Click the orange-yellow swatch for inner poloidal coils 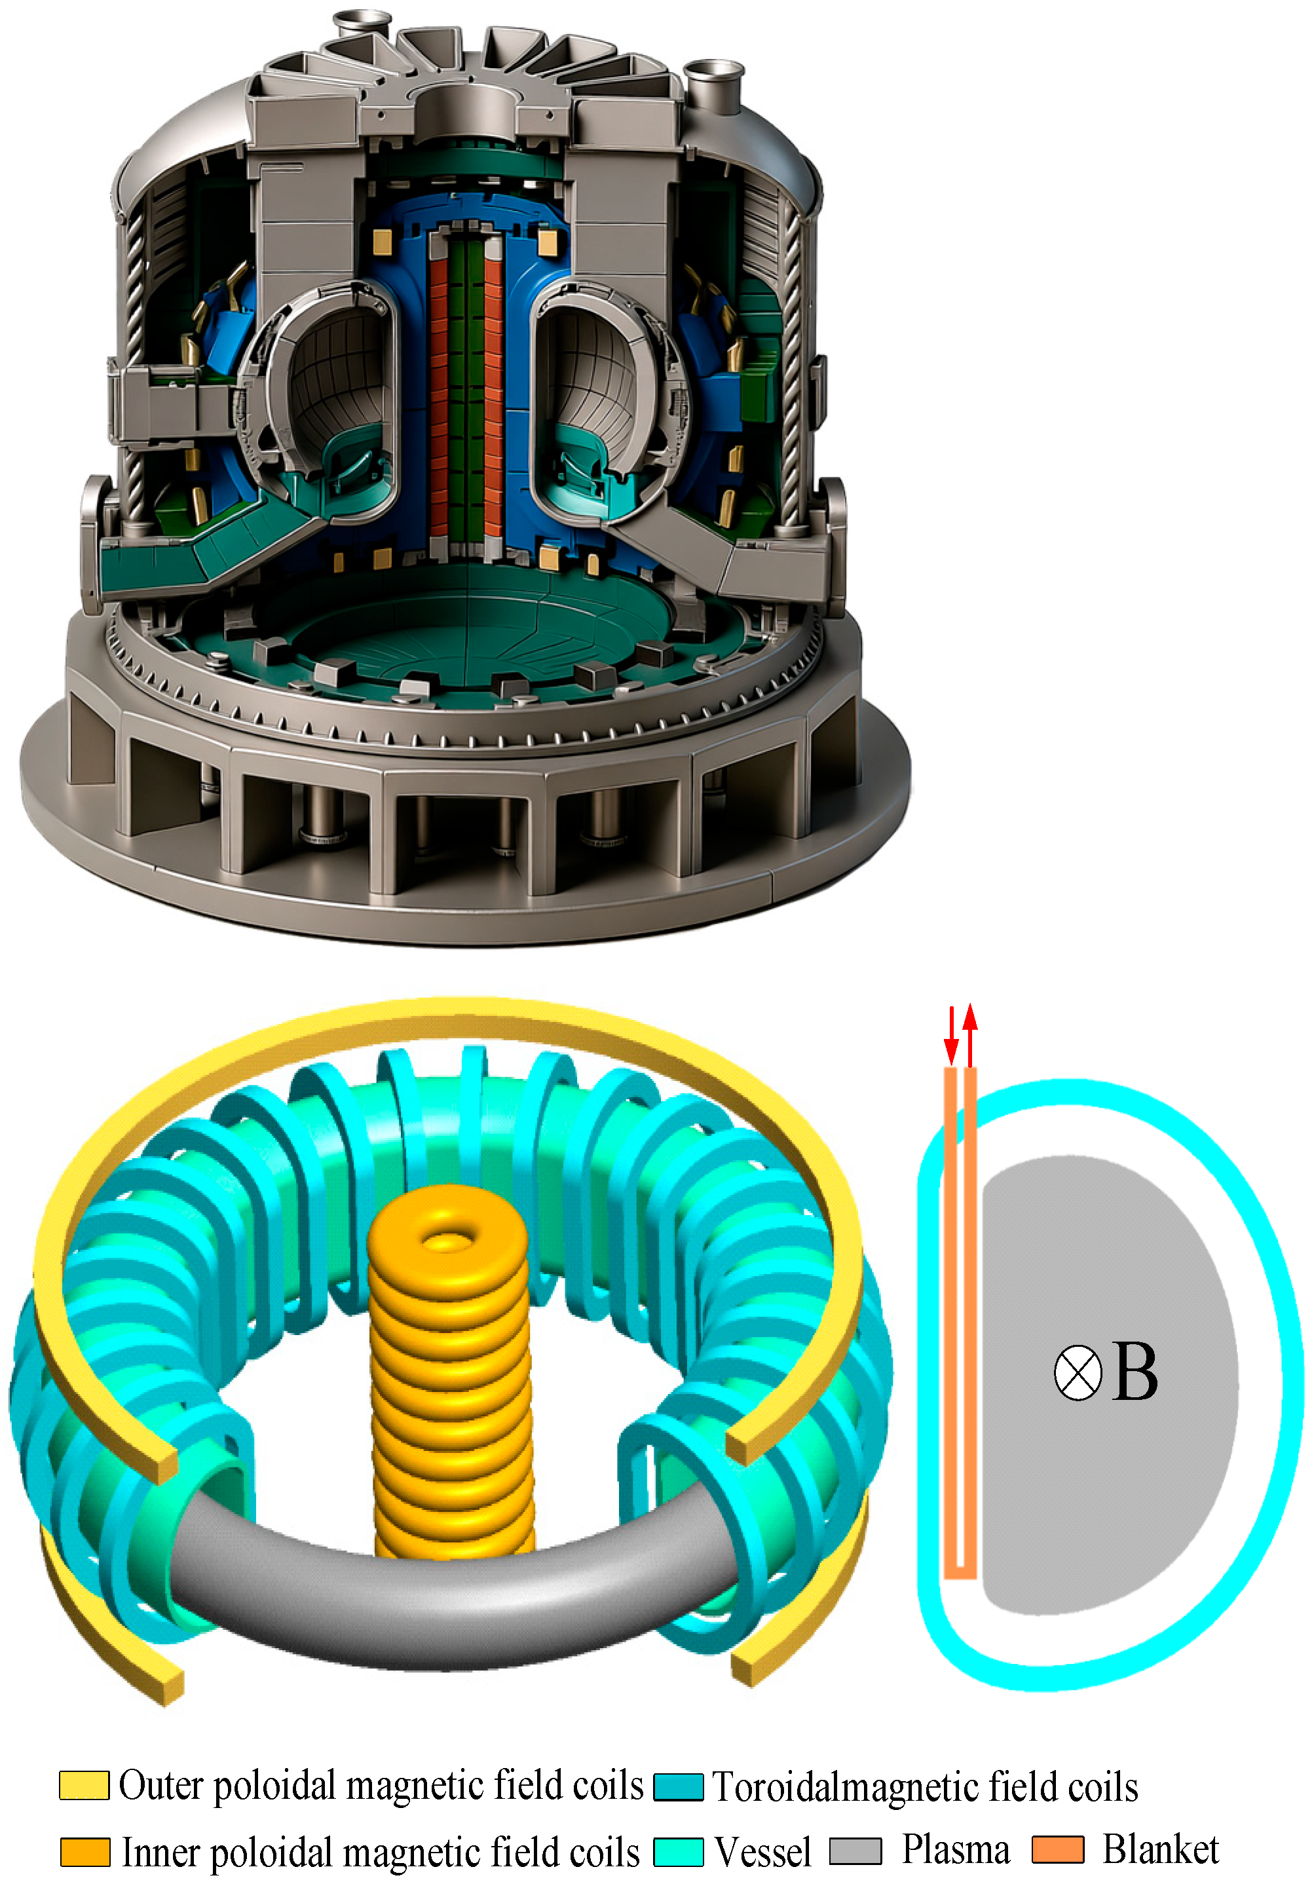pyautogui.click(x=84, y=1852)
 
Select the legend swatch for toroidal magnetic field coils pyautogui.click(x=678, y=1786)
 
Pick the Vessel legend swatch pyautogui.click(x=678, y=1852)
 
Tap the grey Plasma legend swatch pyautogui.click(x=855, y=1851)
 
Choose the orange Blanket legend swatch pyautogui.click(x=1057, y=1849)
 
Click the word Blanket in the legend pyautogui.click(x=1159, y=1849)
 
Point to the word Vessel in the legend pyautogui.click(x=762, y=1852)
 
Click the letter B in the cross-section pyautogui.click(x=1135, y=1373)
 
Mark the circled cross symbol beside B pyautogui.click(x=1077, y=1373)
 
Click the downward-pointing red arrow pyautogui.click(x=950, y=1036)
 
